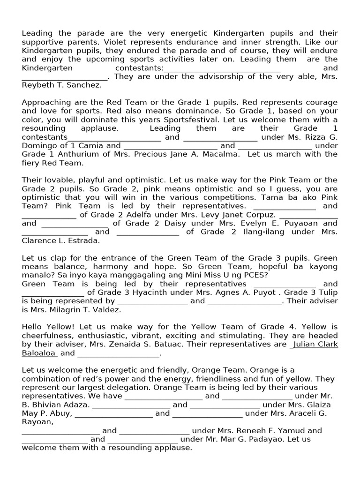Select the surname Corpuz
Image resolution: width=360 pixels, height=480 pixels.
coord(256,214)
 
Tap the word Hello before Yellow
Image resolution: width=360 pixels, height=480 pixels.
coord(33,327)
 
